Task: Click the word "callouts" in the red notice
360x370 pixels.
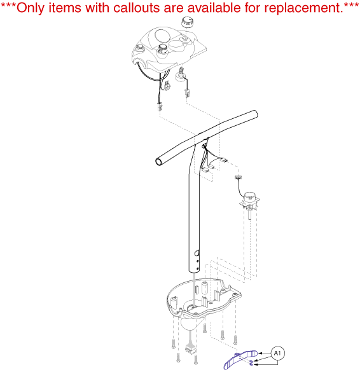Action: (x=135, y=8)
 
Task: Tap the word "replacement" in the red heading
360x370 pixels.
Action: (x=303, y=8)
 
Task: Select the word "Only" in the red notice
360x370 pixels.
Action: (x=31, y=8)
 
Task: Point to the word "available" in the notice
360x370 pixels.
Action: (x=215, y=8)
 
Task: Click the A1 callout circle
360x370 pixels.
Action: (x=277, y=353)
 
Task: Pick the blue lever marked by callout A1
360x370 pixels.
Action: (x=239, y=359)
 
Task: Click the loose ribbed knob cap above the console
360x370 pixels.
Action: (x=188, y=22)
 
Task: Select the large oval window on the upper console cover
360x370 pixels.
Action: (x=163, y=36)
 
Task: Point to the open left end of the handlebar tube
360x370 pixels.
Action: (x=158, y=162)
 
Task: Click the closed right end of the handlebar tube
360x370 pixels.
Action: (x=255, y=114)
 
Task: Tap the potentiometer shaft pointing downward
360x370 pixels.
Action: (x=249, y=214)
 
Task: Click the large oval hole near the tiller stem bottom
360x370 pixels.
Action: (x=197, y=254)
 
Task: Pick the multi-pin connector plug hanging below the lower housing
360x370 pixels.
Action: (x=191, y=349)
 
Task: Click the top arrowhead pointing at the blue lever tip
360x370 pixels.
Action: (x=260, y=353)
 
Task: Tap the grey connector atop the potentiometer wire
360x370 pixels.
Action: (x=238, y=177)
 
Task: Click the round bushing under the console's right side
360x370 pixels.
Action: (x=181, y=77)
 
